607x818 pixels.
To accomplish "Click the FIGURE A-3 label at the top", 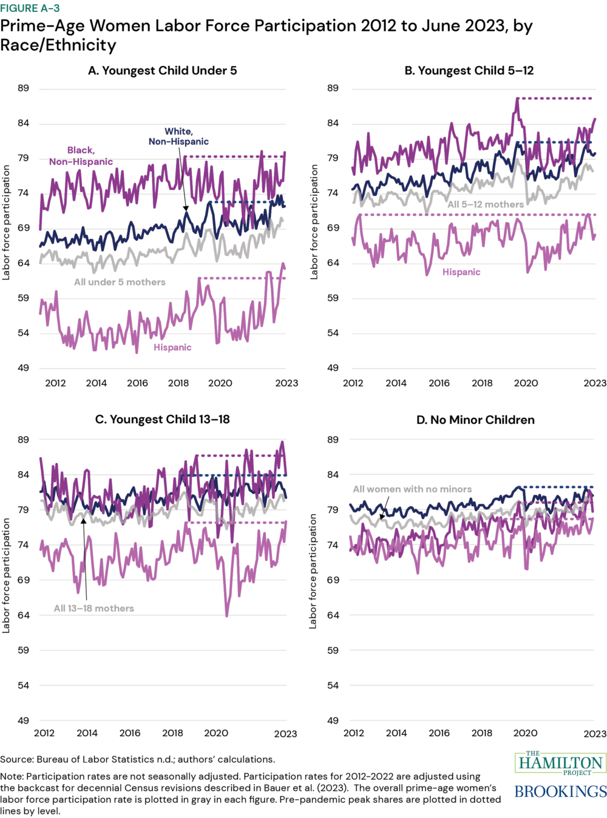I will (x=30, y=8).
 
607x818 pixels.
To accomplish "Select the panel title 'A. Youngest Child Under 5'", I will (x=162, y=70).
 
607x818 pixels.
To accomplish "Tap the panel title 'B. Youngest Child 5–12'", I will (x=469, y=70).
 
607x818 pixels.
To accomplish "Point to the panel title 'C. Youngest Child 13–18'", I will (x=162, y=420).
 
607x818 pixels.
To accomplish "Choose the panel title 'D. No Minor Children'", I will (x=475, y=420).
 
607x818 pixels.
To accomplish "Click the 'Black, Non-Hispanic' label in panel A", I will (x=81, y=156).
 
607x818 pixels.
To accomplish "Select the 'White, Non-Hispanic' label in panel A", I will (x=178, y=136).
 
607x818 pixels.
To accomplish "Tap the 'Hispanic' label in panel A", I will (x=172, y=347).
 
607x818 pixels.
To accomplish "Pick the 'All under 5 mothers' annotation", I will (x=120, y=282).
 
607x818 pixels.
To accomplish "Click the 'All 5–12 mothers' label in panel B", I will (x=486, y=204).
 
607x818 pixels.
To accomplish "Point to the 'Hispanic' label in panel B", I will (x=461, y=272).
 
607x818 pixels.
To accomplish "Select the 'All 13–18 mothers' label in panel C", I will (x=94, y=608).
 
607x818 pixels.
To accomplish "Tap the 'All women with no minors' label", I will (x=412, y=489).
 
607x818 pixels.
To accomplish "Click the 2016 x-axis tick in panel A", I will (x=137, y=383).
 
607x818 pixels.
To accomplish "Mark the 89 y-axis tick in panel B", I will (x=333, y=89).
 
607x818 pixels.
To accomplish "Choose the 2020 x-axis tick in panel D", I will (x=525, y=733).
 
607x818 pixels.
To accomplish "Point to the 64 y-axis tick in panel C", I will (x=22, y=615).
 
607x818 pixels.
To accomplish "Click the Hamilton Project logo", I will (x=560, y=763).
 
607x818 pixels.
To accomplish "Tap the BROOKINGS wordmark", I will (x=560, y=791).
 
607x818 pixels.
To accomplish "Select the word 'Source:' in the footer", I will (x=17, y=759).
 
